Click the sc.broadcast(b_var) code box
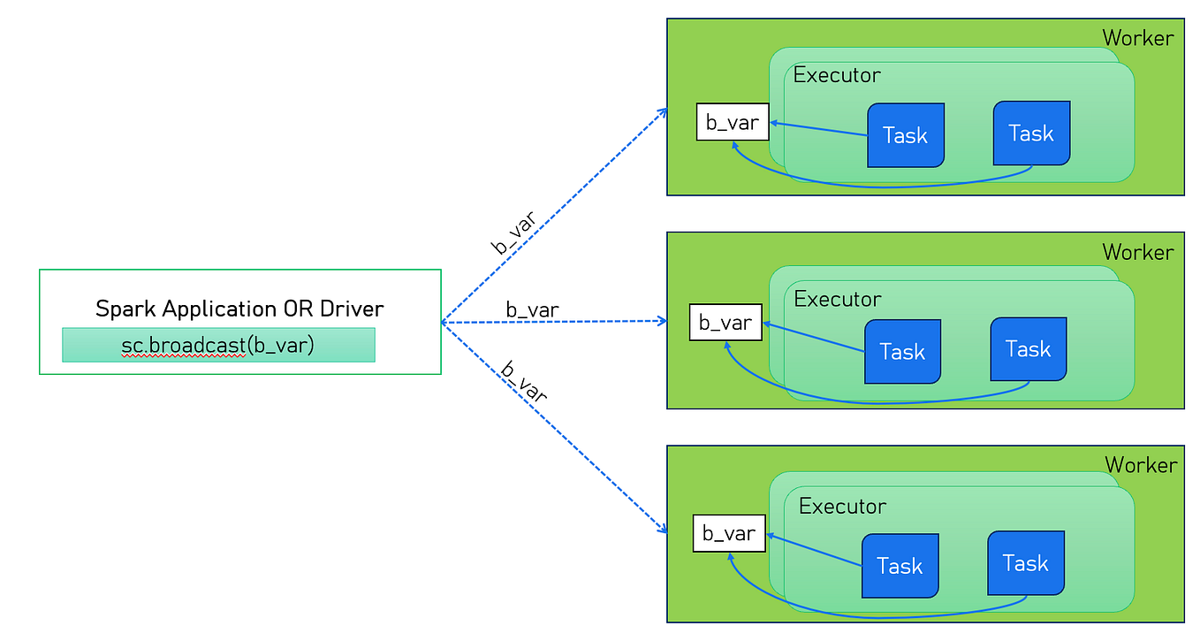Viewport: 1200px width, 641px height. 218,345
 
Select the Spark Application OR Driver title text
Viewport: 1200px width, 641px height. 239,309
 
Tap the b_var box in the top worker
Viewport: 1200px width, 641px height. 733,122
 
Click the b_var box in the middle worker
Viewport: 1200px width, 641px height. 725,323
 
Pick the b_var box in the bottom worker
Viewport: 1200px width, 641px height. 729,533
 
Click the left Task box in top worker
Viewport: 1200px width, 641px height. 906,135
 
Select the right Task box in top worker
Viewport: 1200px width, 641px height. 1031,134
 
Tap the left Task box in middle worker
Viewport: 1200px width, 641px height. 902,352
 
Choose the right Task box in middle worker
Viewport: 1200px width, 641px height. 1028,349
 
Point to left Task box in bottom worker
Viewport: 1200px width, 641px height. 900,566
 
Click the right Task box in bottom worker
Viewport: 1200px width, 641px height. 1025,563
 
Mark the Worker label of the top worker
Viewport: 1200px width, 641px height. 1138,38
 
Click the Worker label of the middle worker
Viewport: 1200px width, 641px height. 1138,252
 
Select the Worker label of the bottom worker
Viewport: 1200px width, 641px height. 1141,465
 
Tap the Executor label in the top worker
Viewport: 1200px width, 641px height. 837,75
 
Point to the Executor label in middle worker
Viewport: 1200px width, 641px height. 838,299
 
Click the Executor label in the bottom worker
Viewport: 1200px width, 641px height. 842,507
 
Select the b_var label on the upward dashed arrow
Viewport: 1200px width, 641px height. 513,234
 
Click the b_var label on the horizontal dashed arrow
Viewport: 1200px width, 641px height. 532,309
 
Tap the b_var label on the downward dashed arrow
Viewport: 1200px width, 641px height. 524,382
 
